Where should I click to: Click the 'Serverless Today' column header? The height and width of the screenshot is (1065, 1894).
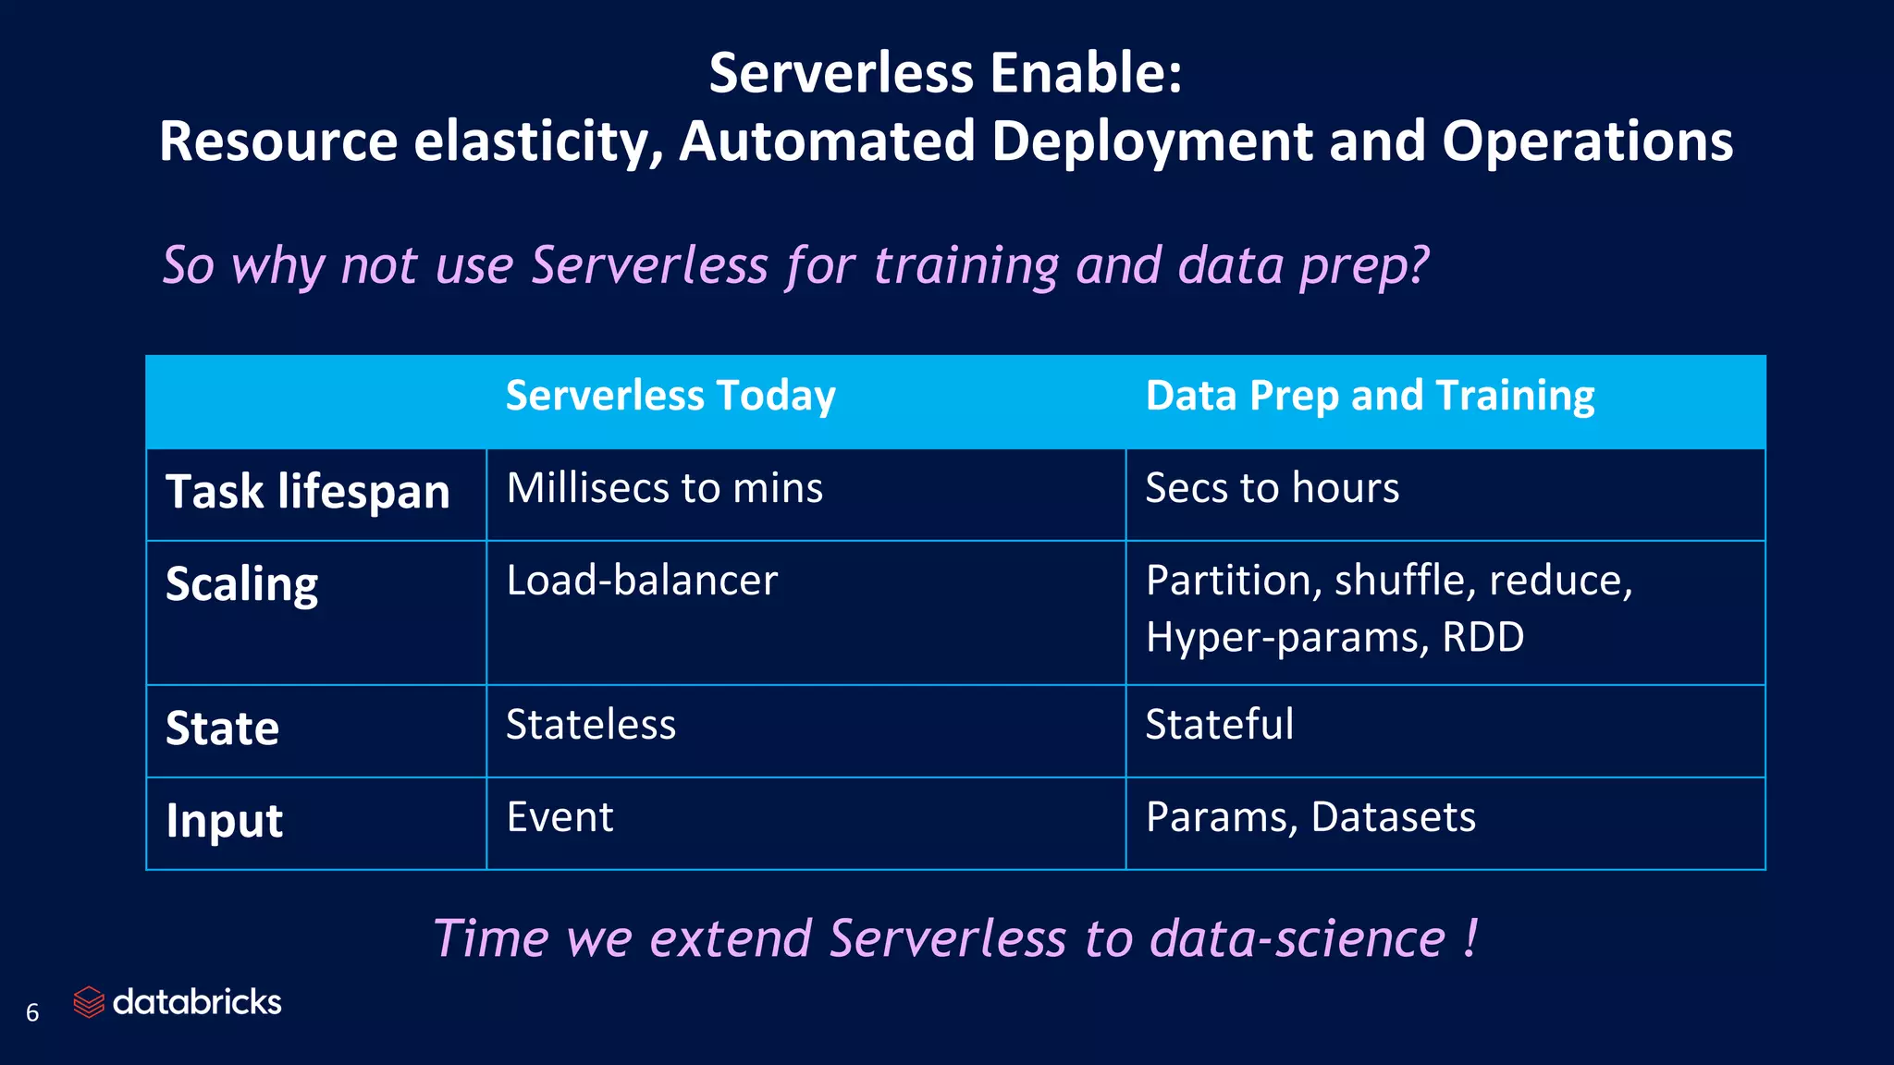670,396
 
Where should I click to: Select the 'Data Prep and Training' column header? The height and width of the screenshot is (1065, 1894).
1370,396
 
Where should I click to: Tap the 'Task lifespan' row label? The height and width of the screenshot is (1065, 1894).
307,491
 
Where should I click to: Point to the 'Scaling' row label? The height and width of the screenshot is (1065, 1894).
241,584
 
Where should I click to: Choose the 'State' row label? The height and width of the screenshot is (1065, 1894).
222,728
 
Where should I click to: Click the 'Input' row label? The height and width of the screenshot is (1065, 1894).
224,821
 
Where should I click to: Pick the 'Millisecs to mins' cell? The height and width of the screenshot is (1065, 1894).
664,488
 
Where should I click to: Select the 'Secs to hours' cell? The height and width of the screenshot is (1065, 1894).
1272,488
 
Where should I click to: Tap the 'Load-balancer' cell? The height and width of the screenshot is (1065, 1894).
642,581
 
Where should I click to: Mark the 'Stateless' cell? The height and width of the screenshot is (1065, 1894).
590,725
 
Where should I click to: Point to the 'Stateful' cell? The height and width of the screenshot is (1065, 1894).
1219,725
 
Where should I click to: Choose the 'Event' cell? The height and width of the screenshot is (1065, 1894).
560,817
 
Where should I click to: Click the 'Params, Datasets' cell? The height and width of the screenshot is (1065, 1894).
1310,817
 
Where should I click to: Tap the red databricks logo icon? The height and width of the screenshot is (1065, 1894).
89,1002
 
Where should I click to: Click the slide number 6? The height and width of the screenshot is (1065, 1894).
32,1013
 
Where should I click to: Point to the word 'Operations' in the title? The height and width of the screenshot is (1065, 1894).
1587,141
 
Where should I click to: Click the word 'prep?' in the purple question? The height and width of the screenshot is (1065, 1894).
1364,266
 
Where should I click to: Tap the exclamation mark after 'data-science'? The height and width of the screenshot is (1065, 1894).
1470,938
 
